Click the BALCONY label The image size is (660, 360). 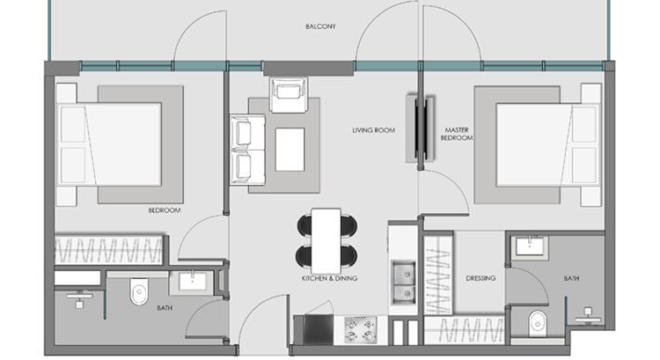(x=321, y=26)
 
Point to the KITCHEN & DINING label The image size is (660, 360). (x=330, y=278)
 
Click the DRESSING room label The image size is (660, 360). (x=481, y=278)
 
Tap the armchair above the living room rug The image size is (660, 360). (x=286, y=93)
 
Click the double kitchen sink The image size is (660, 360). (x=403, y=283)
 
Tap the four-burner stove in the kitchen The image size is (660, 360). (x=359, y=328)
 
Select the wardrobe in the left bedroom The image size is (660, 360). (x=110, y=249)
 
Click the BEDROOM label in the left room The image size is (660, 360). (x=164, y=211)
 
